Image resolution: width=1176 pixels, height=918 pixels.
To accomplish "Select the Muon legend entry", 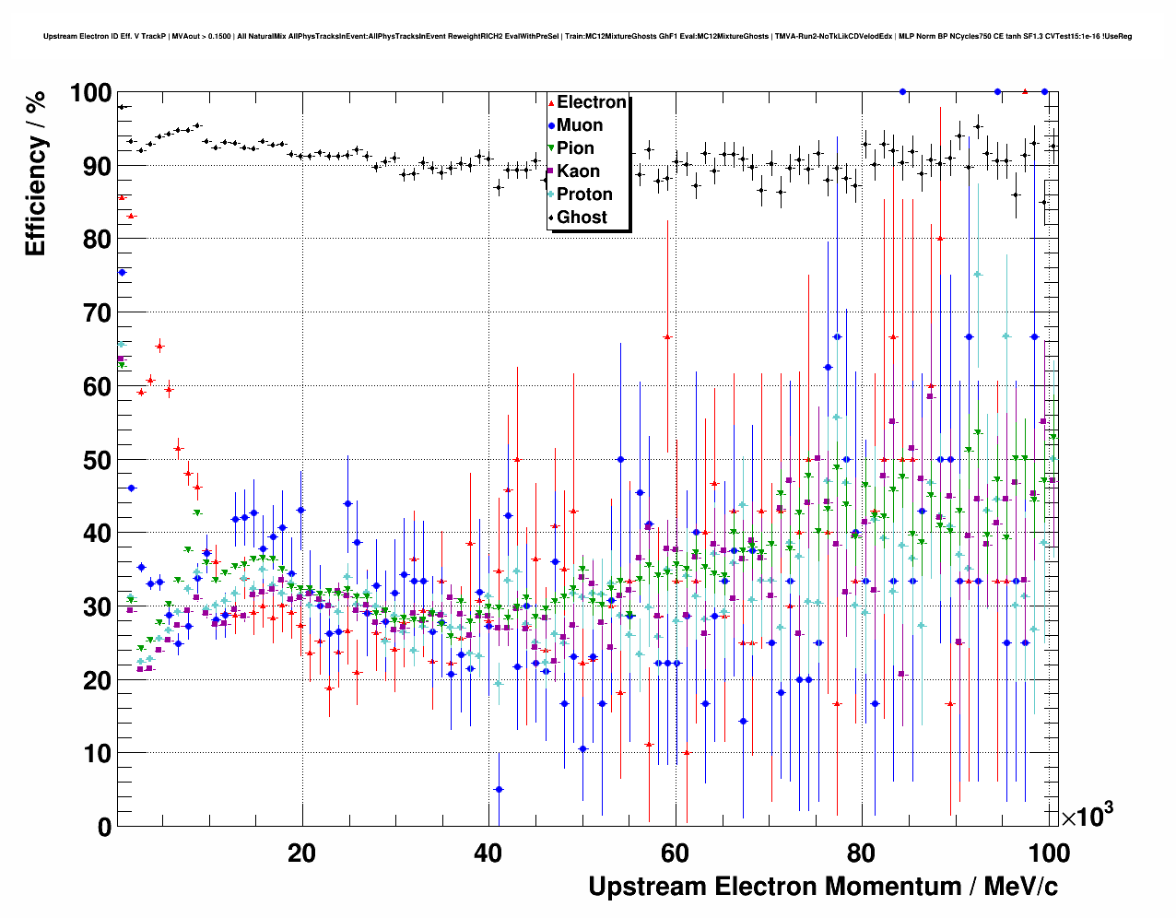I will tap(579, 125).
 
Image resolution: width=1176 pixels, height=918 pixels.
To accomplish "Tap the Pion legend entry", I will tap(575, 148).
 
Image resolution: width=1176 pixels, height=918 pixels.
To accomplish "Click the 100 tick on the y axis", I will tap(90, 93).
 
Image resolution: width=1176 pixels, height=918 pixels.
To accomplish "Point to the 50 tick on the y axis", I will tap(97, 460).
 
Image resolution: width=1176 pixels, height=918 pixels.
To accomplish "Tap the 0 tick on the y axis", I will tap(104, 827).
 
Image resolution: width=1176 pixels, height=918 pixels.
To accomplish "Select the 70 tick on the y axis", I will tap(97, 313).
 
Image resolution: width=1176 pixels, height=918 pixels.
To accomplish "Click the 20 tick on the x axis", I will tap(301, 853).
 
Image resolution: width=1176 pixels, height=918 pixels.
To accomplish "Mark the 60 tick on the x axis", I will tap(675, 853).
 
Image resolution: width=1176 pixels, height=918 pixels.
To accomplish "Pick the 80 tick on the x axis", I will tap(862, 853).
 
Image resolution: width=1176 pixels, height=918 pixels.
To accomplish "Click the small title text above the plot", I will tap(587, 37).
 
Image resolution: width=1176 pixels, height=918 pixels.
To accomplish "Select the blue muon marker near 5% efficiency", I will tap(499, 789).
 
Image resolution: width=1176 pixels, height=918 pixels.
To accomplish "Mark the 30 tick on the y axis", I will tap(97, 606).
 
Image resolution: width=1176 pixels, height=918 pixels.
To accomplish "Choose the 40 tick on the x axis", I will tap(488, 853).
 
